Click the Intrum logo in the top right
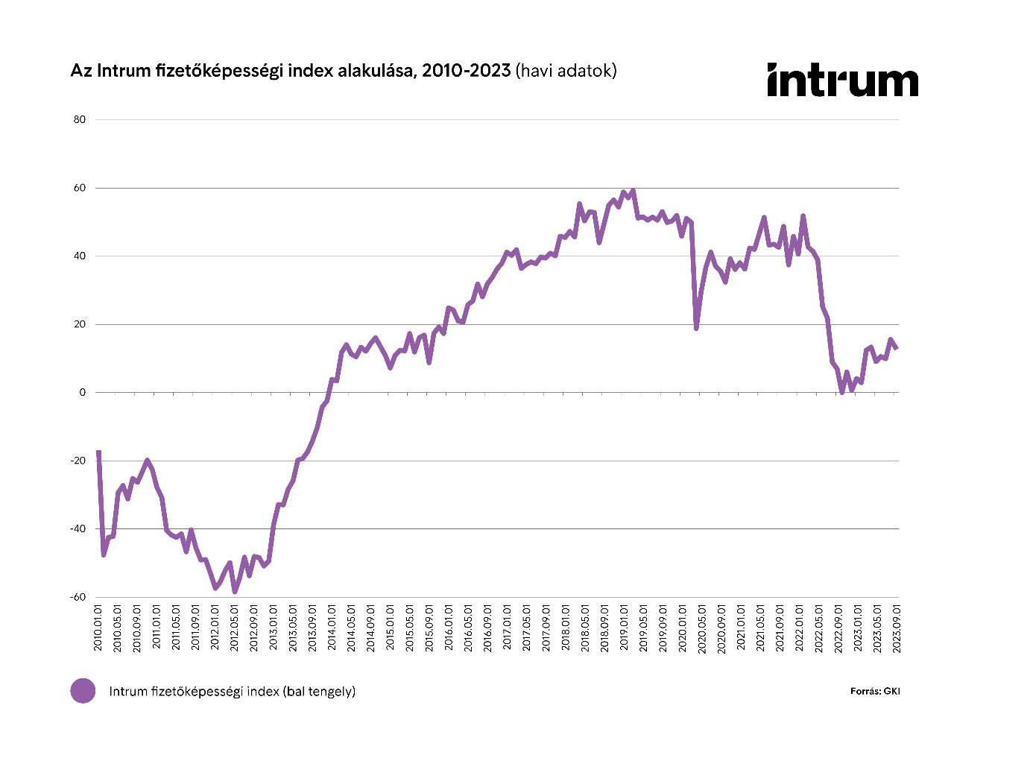pos(842,80)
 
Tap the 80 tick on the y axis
pos(80,120)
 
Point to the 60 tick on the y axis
pos(80,188)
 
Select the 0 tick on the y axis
pos(83,393)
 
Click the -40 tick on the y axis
pos(78,529)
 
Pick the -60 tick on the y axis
pos(78,597)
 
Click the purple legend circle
pos(83,691)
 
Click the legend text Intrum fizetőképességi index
pos(232,691)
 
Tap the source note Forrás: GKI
pos(875,691)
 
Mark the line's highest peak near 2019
pos(633,191)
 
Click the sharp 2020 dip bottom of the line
pos(696,328)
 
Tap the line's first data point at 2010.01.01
pos(98,452)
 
